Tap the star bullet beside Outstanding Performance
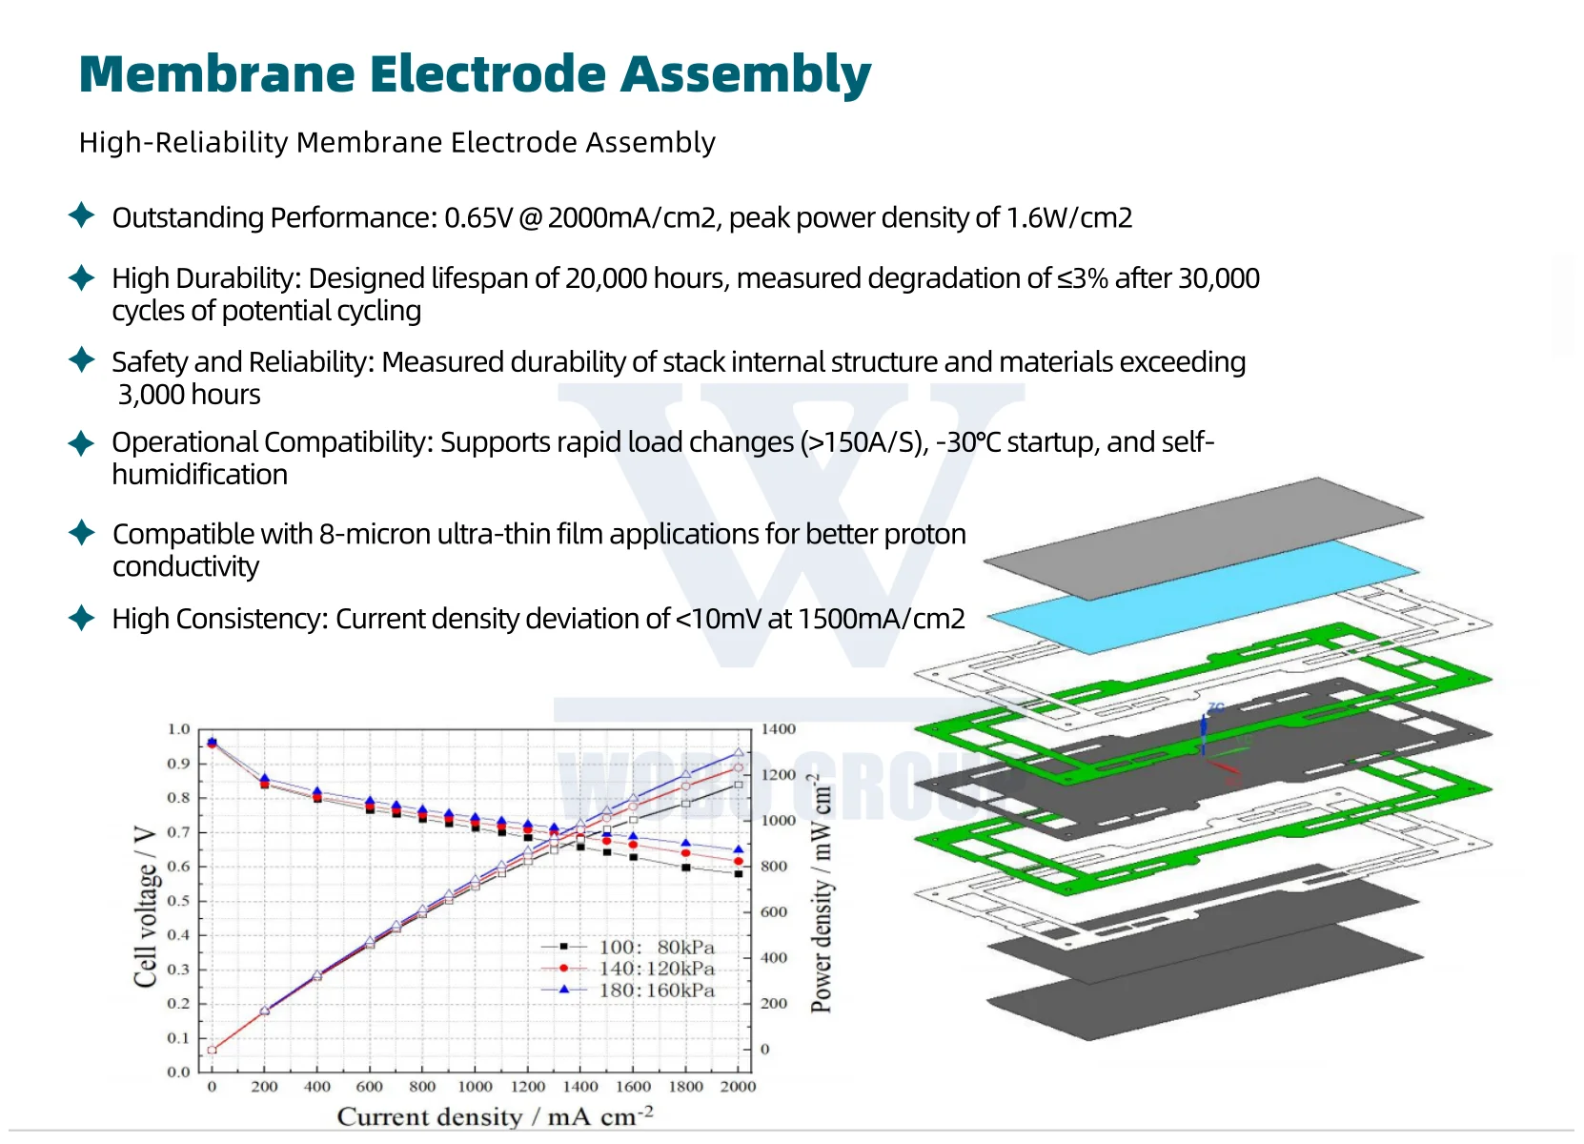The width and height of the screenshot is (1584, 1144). (x=82, y=215)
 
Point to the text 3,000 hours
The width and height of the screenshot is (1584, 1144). (x=189, y=395)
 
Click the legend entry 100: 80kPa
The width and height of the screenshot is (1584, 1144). (x=656, y=947)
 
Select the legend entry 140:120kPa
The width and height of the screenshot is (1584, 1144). (x=656, y=969)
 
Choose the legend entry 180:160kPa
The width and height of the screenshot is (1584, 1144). (x=656, y=991)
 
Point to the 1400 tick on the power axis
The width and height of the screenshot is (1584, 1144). (x=778, y=729)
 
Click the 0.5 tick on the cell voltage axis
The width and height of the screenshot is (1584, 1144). (x=178, y=901)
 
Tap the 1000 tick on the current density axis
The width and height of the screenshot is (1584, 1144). (x=475, y=1087)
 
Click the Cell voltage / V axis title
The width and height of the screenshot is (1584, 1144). (x=145, y=906)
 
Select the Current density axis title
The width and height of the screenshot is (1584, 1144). (x=495, y=1116)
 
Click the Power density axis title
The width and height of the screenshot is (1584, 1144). (x=821, y=896)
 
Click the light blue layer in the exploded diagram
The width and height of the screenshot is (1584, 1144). (x=1203, y=598)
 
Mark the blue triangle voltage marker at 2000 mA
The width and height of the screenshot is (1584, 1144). (x=738, y=849)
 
